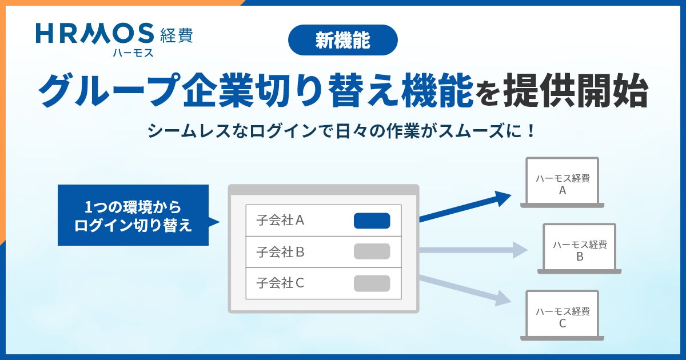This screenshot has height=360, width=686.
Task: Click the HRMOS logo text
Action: point(95,34)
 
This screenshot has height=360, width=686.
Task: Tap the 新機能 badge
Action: point(342,39)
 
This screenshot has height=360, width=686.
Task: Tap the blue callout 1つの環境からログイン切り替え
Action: point(133,215)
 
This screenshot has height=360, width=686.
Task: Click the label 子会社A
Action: point(280,220)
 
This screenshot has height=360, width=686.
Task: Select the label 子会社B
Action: point(280,251)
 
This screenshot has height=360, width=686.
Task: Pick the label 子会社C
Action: point(280,283)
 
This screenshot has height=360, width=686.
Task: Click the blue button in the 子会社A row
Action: point(372,221)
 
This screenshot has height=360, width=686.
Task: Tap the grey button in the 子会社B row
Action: point(372,251)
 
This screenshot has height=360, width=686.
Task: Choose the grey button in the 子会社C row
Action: point(372,283)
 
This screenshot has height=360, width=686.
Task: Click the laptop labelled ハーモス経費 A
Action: point(562,183)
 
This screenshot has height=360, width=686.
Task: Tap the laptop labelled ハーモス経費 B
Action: point(579,249)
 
